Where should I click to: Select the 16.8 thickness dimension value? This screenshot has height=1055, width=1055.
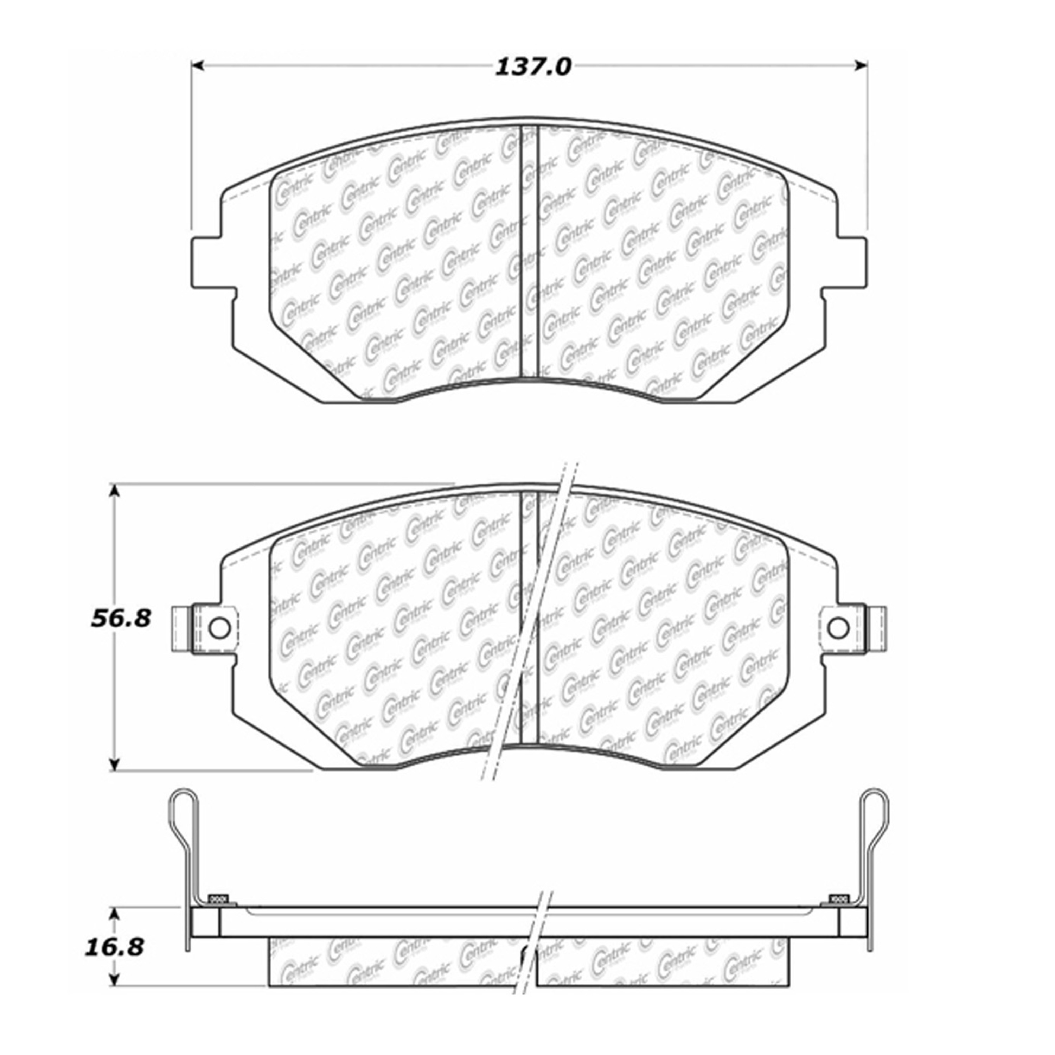[x=114, y=947]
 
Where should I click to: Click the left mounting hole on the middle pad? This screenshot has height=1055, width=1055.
[x=219, y=628]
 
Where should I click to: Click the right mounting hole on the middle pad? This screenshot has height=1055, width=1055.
[x=838, y=628]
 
